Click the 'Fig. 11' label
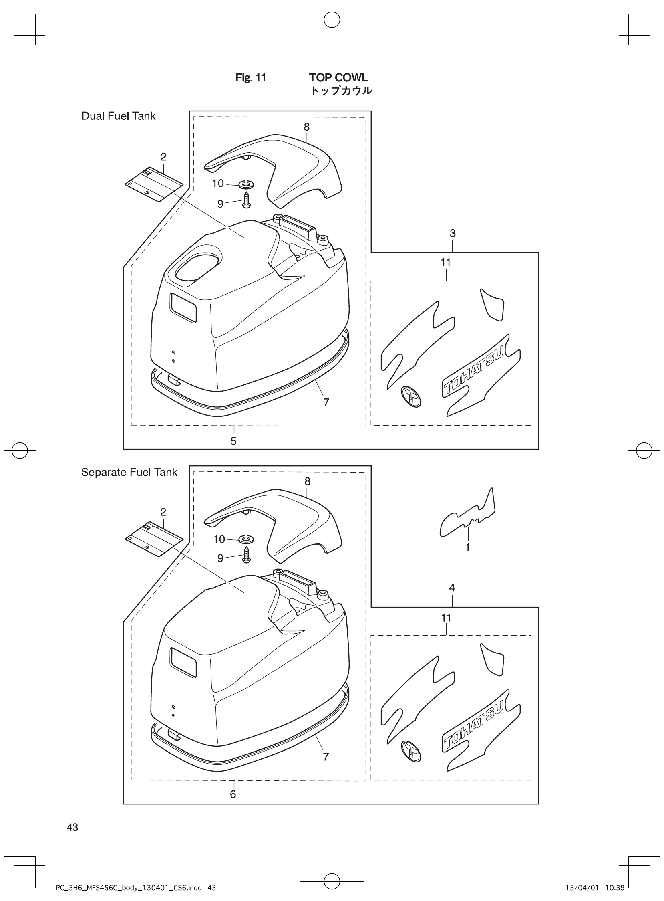click(x=251, y=78)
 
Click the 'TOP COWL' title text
click(x=338, y=78)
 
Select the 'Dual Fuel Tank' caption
click(x=119, y=116)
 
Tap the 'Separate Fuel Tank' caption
click(x=129, y=472)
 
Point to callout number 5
click(x=233, y=441)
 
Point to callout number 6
click(x=233, y=794)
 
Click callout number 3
click(x=453, y=233)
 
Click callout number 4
click(x=452, y=588)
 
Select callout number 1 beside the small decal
click(x=467, y=547)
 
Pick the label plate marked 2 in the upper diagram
click(x=153, y=184)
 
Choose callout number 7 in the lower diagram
click(x=326, y=757)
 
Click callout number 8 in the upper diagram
click(x=307, y=127)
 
